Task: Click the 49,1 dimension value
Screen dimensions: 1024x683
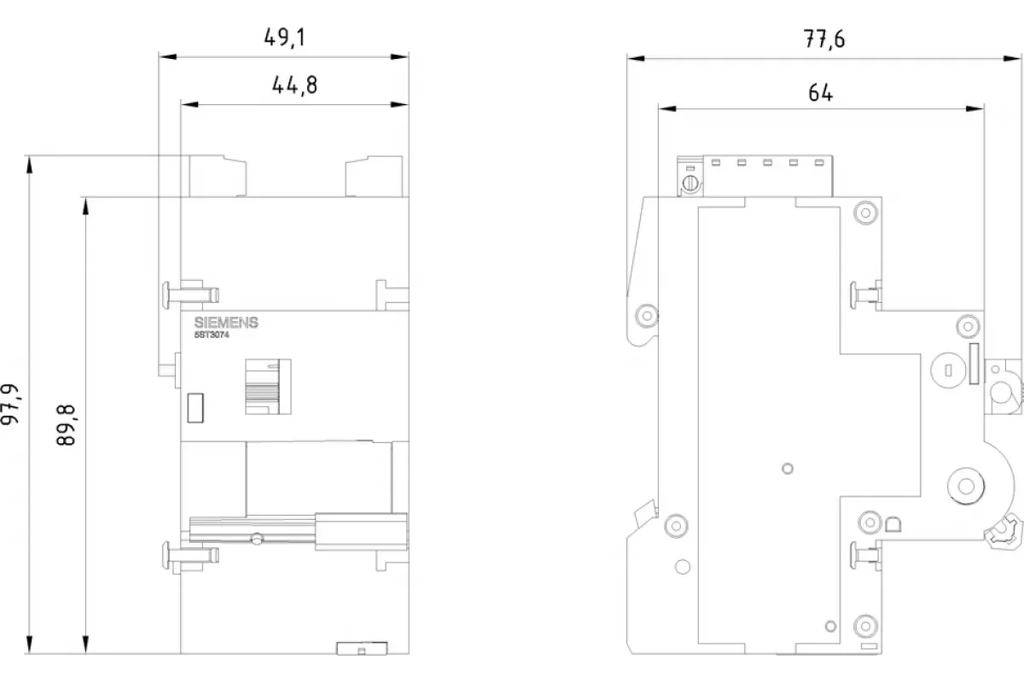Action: (x=284, y=38)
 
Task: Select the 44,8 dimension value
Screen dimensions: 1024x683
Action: (x=294, y=85)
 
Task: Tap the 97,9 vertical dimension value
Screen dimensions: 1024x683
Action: (x=10, y=405)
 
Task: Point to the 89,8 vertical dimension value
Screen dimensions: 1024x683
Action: (x=67, y=425)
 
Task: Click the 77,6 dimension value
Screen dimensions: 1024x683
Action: (x=824, y=39)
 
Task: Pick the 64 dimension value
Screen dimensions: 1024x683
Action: (x=821, y=93)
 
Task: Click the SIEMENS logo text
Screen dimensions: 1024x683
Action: (x=226, y=323)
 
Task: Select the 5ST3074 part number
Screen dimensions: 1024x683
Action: (x=212, y=335)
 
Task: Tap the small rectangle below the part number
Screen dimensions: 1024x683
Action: (x=195, y=407)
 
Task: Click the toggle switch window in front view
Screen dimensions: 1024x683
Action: (x=268, y=387)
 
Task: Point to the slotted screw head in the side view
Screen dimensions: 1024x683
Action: (x=690, y=184)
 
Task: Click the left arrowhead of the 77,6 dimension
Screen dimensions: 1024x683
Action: (x=636, y=59)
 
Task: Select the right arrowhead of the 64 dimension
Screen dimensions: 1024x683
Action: (x=975, y=109)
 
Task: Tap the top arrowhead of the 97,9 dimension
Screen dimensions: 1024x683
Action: (x=29, y=165)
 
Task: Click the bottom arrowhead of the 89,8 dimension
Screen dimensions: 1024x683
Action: (x=85, y=644)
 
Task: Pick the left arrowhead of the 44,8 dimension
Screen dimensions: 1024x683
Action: (x=189, y=105)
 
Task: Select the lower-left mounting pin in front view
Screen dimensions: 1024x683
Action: (x=190, y=555)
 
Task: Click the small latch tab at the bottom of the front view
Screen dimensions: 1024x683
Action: (x=362, y=648)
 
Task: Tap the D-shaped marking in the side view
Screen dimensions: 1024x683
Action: (x=893, y=525)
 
